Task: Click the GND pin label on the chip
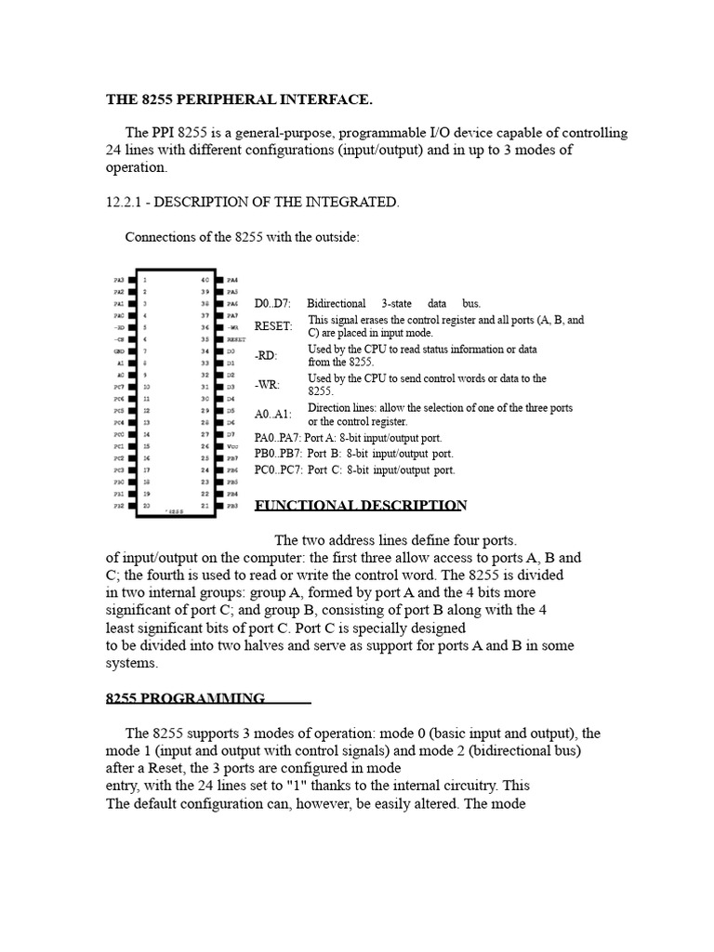point(118,352)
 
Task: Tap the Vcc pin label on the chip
point(232,446)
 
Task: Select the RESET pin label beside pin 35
point(235,340)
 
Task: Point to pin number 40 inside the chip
point(205,279)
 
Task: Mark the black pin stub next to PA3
point(132,279)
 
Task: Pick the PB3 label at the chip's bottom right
point(232,507)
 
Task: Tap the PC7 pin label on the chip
point(118,386)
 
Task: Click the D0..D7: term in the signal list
point(272,304)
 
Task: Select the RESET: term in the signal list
point(273,326)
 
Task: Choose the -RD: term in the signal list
point(267,356)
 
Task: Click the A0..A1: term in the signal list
point(273,415)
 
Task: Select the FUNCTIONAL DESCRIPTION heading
point(361,506)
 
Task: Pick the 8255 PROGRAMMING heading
point(185,698)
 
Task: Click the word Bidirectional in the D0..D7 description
point(337,304)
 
